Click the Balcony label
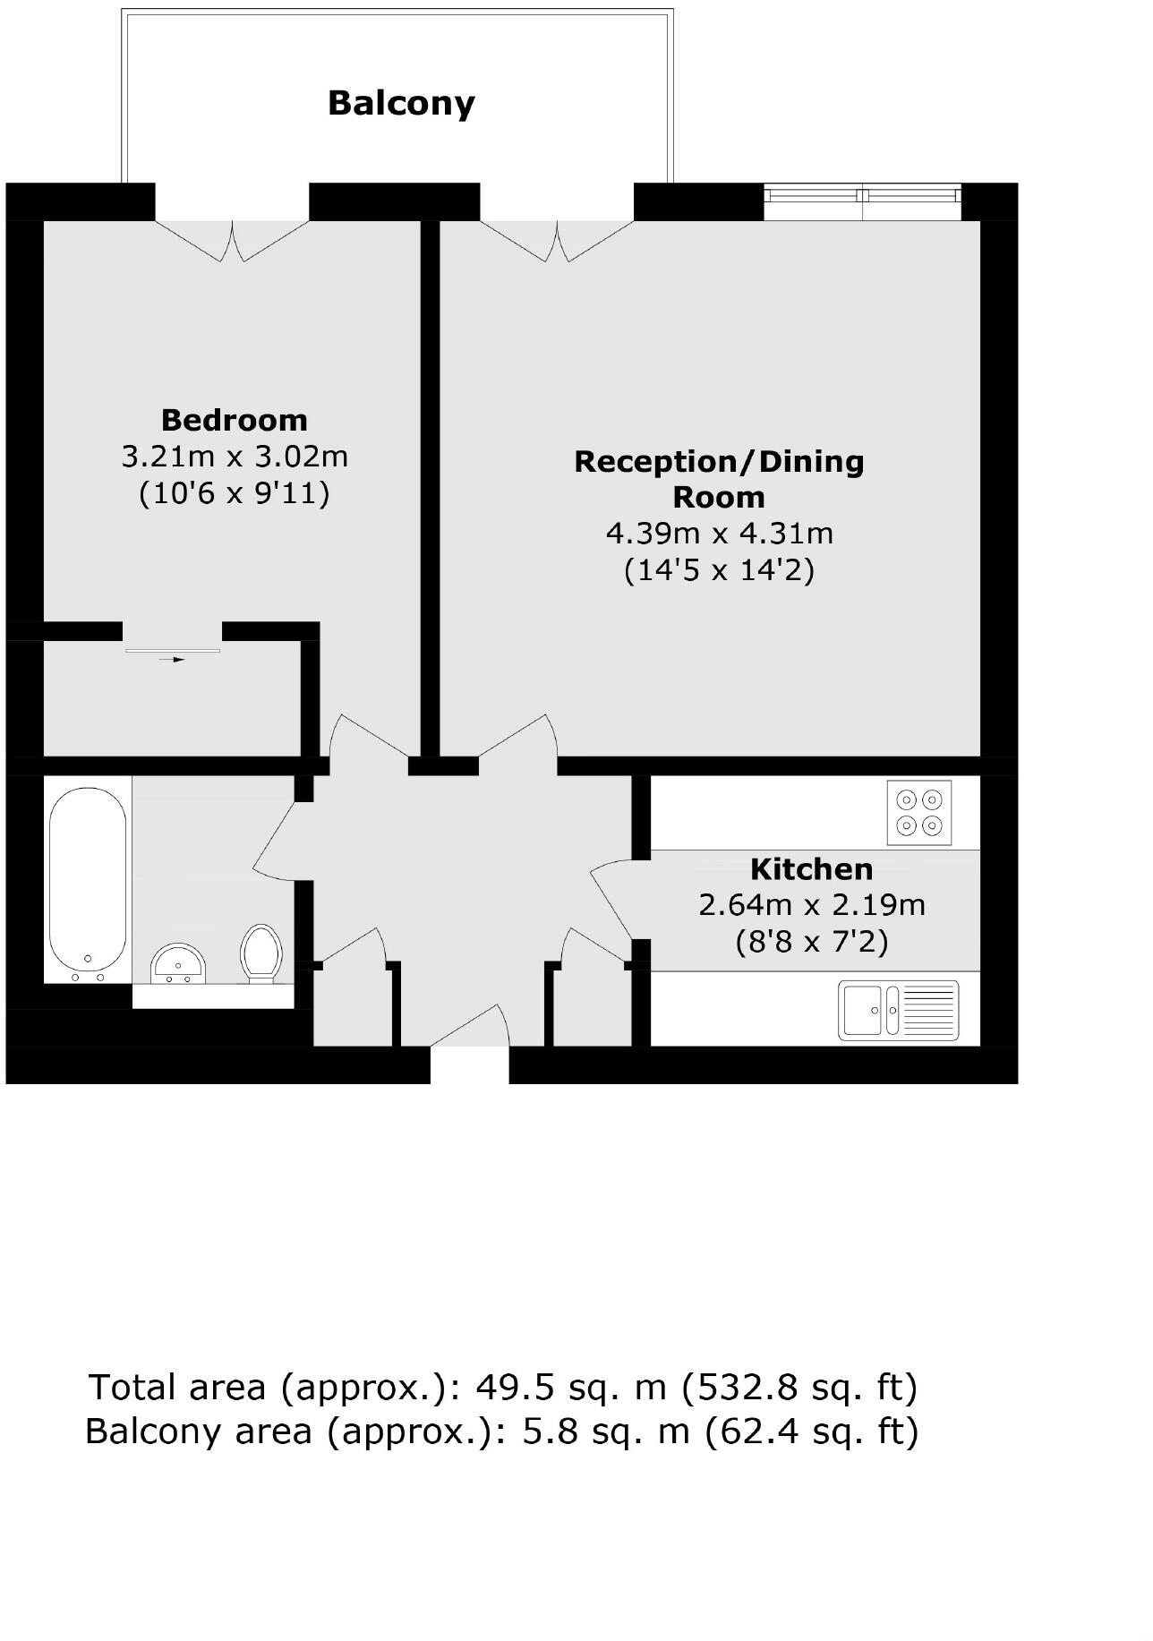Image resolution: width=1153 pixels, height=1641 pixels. [x=401, y=103]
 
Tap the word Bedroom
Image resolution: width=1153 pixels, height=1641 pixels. [x=234, y=420]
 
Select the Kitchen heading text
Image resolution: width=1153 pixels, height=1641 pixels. [x=811, y=869]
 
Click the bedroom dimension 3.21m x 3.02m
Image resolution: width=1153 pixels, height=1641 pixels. [x=234, y=457]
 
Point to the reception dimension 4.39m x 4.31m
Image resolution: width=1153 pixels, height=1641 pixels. [x=719, y=534]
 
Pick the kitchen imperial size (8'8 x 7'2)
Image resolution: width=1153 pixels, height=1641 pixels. [x=811, y=942]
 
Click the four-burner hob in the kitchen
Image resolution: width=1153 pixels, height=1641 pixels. [x=919, y=812]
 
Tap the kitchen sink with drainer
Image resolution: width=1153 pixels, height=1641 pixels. [x=898, y=1010]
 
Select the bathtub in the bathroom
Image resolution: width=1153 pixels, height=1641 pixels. [x=88, y=880]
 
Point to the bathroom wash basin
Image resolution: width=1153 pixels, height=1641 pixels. [x=179, y=962]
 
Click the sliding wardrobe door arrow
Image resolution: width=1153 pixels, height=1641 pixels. [x=173, y=659]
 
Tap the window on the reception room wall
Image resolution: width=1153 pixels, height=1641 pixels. [x=862, y=202]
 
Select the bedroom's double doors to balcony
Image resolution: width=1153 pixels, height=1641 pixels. [x=233, y=240]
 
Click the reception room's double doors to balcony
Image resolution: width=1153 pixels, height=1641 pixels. [x=557, y=240]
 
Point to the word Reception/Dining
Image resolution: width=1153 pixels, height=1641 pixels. [x=719, y=462]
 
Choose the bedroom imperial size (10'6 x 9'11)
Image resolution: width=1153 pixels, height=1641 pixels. [x=234, y=493]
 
